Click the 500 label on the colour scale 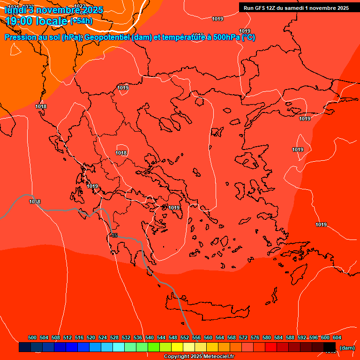[x=32, y=337]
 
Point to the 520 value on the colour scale [x=91, y=337]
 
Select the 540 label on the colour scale [x=150, y=337]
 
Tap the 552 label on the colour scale [x=185, y=337]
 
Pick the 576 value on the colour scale [x=255, y=337]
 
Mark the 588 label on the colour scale [x=290, y=337]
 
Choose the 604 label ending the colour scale [x=337, y=337]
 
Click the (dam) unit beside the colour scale [x=347, y=348]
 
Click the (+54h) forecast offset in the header [x=81, y=21]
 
